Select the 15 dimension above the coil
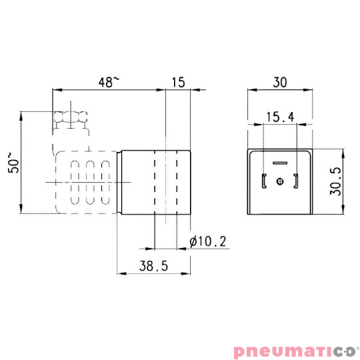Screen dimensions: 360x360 point(177,82)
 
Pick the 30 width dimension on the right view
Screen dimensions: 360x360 point(280,82)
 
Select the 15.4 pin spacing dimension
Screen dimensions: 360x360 point(280,117)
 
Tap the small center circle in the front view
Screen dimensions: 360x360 point(280,181)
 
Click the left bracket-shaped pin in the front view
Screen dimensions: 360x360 point(265,181)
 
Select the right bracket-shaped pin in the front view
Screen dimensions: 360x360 point(295,181)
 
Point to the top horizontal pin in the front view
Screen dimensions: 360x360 point(280,163)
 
